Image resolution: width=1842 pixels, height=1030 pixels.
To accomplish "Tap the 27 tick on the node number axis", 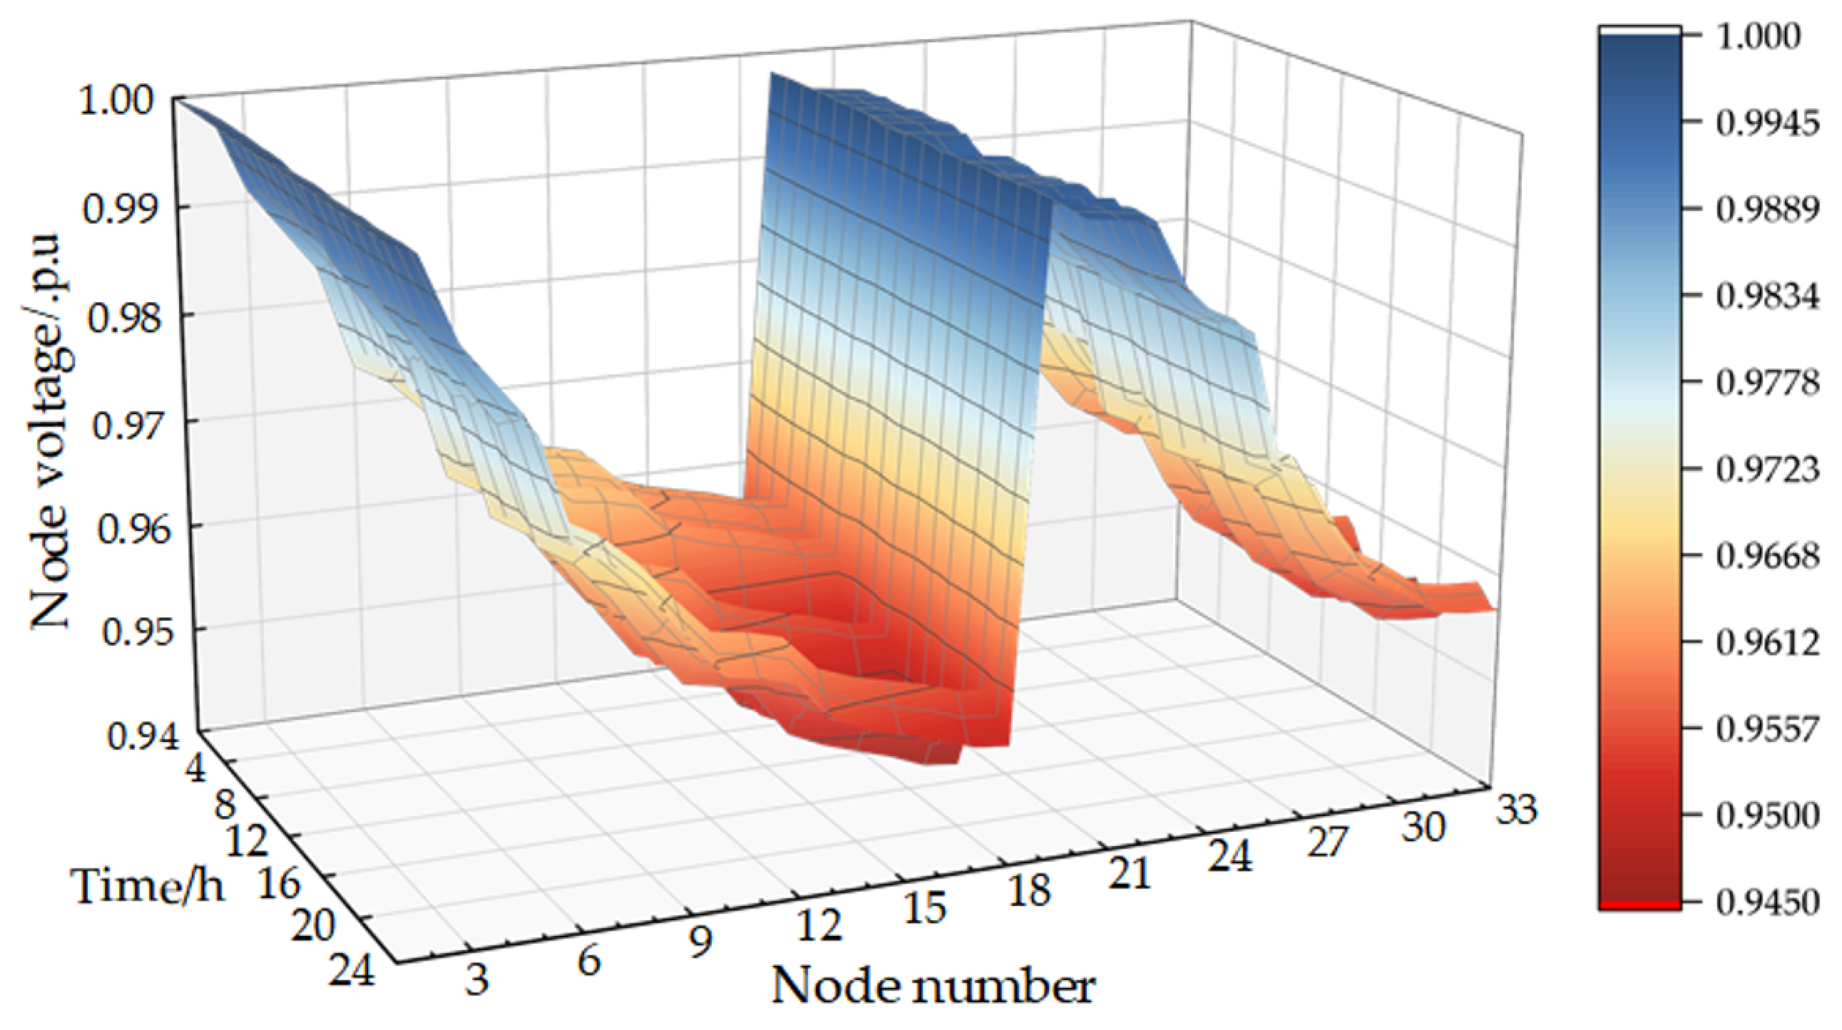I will [1326, 842].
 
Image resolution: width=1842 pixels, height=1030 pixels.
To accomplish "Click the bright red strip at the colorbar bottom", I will [1639, 906].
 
